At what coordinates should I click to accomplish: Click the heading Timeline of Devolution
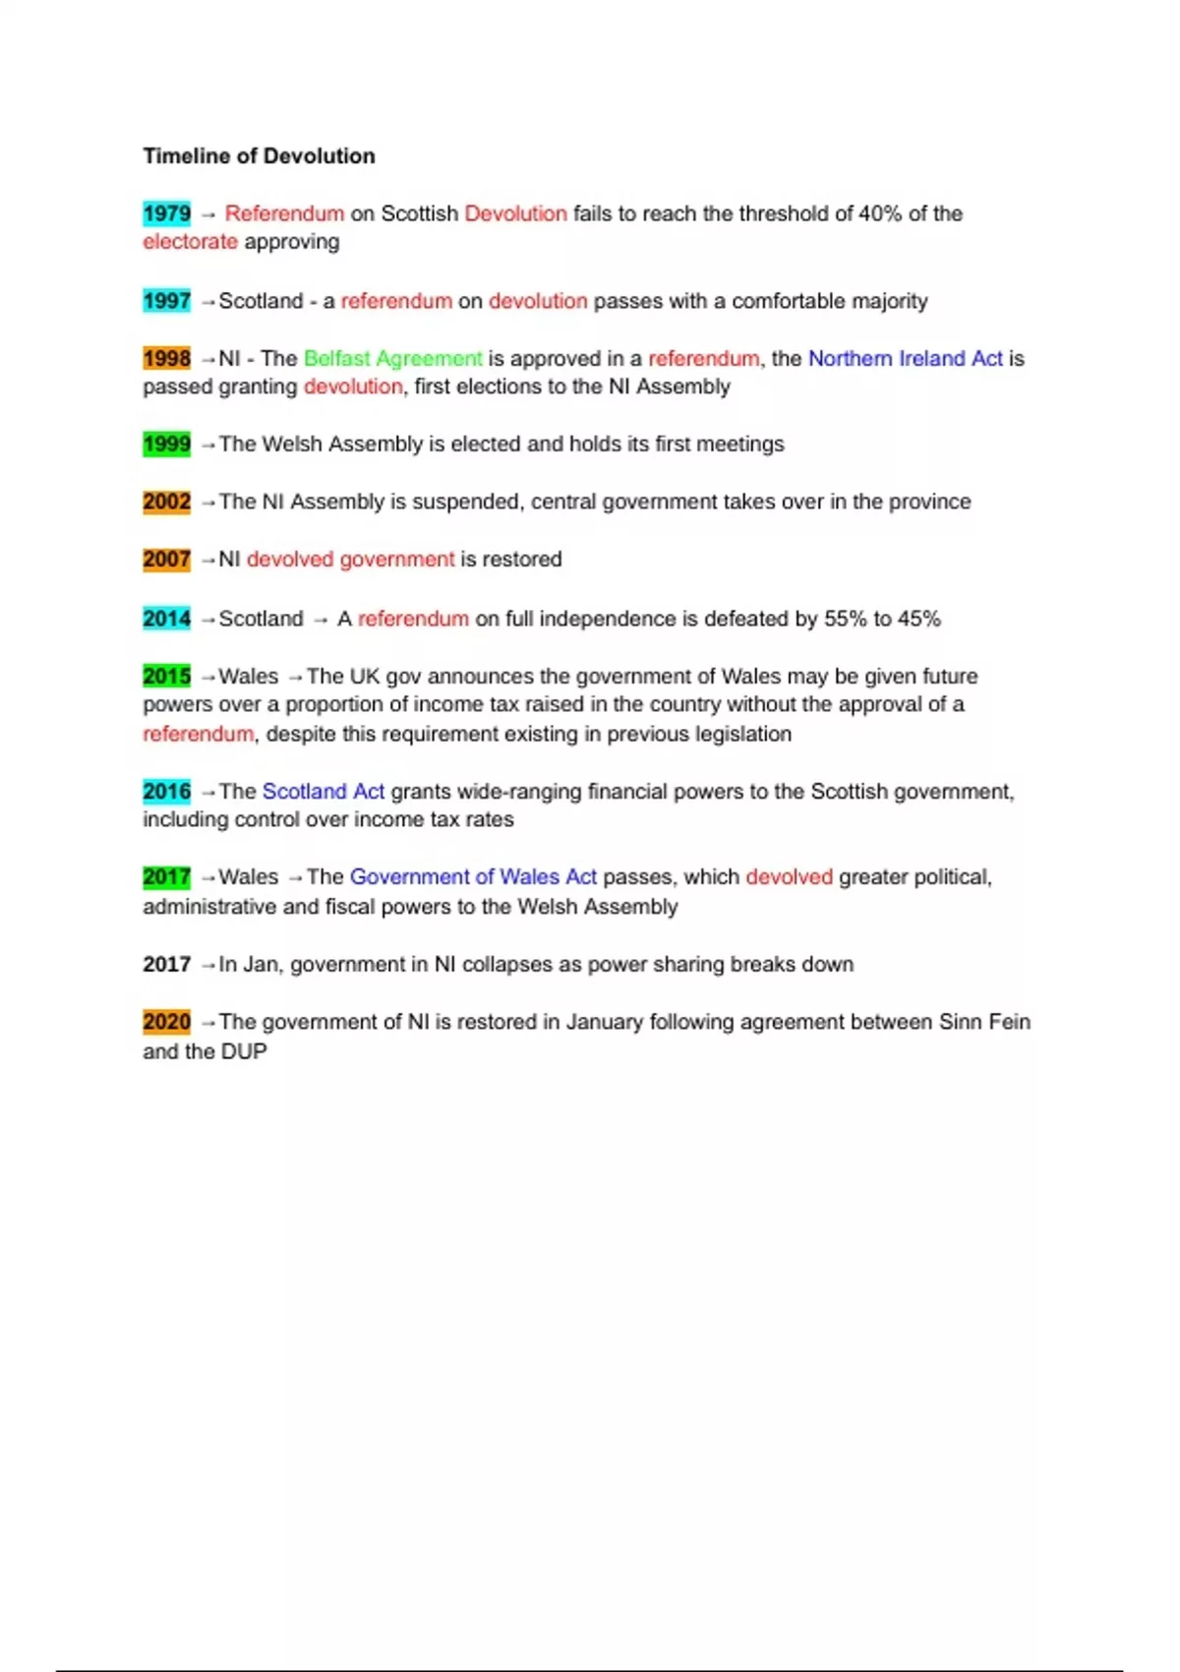(x=259, y=156)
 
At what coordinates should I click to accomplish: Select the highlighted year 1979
(x=166, y=213)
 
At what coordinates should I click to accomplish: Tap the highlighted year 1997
(x=166, y=301)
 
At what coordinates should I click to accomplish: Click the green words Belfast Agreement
(x=392, y=359)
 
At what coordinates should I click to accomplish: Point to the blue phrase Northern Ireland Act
(x=905, y=359)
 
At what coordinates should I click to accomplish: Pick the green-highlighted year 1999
(x=166, y=445)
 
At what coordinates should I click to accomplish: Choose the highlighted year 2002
(x=166, y=503)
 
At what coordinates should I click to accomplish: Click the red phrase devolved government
(x=350, y=560)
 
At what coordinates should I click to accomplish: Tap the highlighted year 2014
(x=166, y=619)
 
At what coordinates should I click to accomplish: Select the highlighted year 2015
(x=166, y=677)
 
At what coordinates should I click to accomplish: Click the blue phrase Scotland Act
(x=323, y=792)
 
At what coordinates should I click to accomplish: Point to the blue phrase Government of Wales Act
(x=473, y=877)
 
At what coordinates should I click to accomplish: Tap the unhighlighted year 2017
(x=166, y=965)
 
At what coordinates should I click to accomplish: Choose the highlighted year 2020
(x=166, y=1023)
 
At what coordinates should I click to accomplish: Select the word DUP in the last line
(x=244, y=1051)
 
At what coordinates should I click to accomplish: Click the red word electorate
(x=190, y=242)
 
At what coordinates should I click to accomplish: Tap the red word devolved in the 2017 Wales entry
(x=789, y=877)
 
